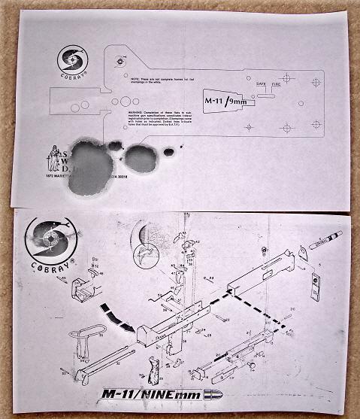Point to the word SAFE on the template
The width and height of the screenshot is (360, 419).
261,83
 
